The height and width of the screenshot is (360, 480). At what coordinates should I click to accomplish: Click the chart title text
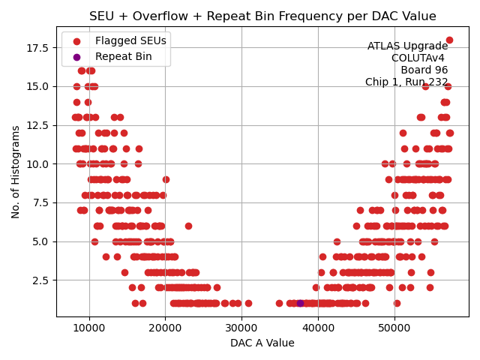point(262,16)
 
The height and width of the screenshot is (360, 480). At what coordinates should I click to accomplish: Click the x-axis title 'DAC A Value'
point(262,343)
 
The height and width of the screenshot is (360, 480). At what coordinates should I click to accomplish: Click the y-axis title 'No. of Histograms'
point(16,172)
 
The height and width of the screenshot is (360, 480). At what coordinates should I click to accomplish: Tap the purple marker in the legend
point(76,56)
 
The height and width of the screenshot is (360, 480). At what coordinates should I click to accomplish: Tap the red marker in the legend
point(76,40)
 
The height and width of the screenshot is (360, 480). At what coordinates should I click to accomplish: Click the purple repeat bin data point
point(300,303)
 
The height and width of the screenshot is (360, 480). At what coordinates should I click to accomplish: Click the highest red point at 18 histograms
point(449,40)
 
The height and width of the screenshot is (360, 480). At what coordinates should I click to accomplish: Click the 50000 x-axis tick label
point(394,328)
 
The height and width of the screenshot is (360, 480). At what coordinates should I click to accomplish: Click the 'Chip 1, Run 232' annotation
point(406,82)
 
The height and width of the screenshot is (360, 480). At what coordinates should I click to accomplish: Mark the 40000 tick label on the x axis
point(318,328)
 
